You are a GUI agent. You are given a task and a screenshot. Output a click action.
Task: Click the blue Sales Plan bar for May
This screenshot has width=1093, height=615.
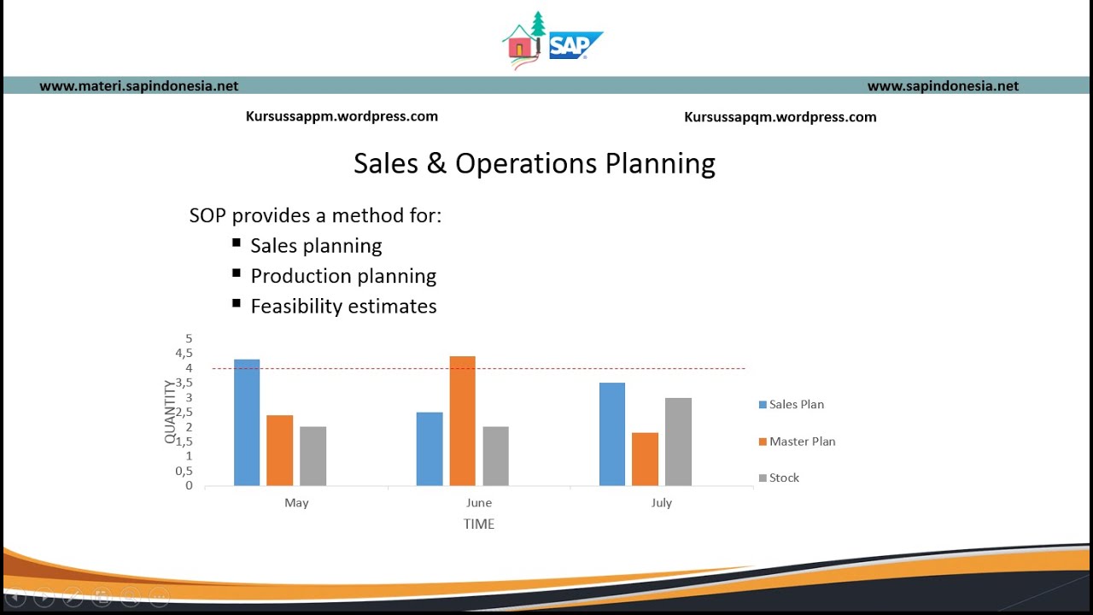click(247, 423)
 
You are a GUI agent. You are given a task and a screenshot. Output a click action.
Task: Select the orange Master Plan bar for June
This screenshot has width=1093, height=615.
click(462, 421)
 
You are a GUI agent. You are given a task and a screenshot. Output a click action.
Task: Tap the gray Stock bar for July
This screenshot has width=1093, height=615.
click(678, 442)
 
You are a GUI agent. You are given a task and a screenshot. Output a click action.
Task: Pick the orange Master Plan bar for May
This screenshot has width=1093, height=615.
click(279, 450)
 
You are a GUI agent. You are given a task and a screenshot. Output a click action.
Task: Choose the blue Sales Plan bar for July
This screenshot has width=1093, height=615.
click(611, 434)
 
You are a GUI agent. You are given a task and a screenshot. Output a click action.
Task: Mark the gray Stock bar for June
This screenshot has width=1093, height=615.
click(495, 456)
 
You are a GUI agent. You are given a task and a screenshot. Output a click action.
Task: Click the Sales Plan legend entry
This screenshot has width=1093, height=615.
click(796, 404)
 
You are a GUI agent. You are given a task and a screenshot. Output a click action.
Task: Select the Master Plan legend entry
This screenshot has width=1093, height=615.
click(802, 442)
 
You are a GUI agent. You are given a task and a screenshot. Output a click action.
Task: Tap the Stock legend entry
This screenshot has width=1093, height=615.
click(784, 478)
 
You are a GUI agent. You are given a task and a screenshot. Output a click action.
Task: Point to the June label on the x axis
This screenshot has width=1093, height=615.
click(479, 503)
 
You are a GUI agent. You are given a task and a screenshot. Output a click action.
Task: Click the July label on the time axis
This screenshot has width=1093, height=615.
click(662, 503)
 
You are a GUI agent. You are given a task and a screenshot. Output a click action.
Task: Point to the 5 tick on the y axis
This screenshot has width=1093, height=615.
click(189, 339)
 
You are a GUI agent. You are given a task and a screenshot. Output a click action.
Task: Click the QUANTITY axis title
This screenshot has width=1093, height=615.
click(169, 413)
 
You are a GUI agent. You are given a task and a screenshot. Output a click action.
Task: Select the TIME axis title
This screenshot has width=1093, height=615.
click(479, 524)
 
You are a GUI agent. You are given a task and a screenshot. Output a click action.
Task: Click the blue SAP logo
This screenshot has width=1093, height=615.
click(574, 45)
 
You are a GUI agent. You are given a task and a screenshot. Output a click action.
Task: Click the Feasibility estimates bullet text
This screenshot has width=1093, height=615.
click(343, 307)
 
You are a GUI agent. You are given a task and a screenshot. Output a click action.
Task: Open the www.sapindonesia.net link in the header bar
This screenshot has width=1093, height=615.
click(943, 85)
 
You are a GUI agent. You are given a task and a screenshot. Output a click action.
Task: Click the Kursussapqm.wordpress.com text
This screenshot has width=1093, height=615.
click(780, 117)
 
